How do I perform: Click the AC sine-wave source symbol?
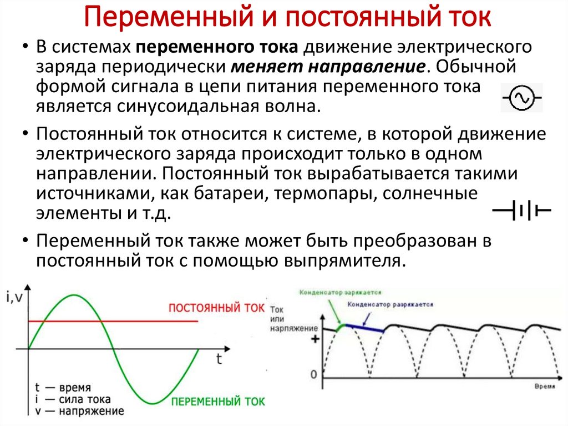[x=521, y=98]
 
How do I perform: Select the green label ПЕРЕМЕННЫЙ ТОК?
[x=218, y=400]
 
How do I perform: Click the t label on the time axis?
[x=219, y=359]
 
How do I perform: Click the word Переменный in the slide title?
[x=161, y=18]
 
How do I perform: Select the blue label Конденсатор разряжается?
[x=390, y=305]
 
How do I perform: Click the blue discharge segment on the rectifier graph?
[x=365, y=328]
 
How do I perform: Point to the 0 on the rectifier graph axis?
[x=313, y=375]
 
